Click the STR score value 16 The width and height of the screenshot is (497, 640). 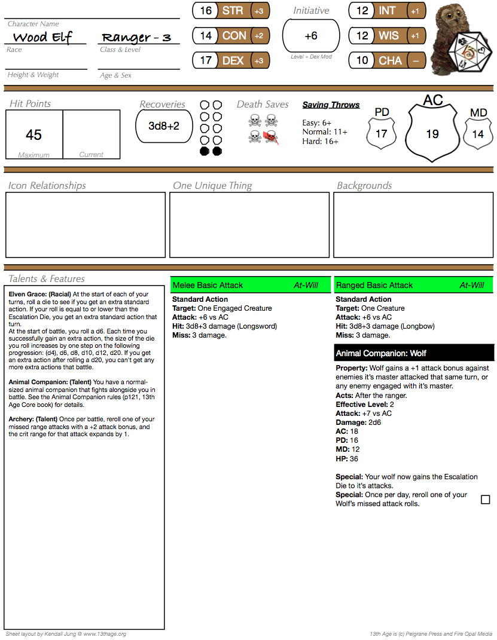(206, 11)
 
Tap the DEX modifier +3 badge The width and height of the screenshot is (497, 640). (259, 60)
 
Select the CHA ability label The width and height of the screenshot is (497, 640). (390, 60)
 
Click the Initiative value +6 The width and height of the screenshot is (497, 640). (311, 36)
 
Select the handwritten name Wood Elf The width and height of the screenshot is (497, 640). (42, 38)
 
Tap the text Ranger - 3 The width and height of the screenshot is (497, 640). (136, 38)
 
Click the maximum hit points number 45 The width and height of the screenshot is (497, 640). (33, 134)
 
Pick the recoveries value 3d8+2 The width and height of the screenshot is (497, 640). (164, 126)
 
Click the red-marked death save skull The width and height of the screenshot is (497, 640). (271, 137)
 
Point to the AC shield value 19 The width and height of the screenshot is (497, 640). (432, 134)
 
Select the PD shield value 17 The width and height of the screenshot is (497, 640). (381, 134)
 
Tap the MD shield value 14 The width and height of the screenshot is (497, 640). (478, 134)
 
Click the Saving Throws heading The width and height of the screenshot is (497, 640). (331, 105)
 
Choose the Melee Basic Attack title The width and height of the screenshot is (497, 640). (208, 285)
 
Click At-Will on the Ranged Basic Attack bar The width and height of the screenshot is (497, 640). (471, 285)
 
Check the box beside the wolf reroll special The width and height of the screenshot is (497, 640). (485, 499)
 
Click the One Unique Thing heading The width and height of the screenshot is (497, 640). (212, 185)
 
